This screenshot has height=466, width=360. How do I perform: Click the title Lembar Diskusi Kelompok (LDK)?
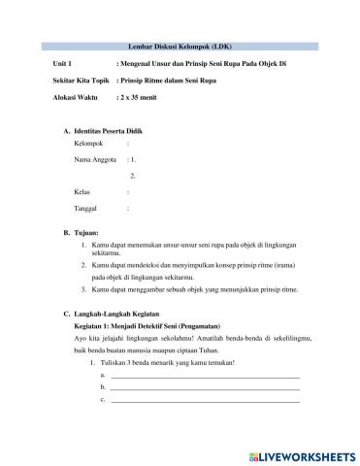[x=180, y=46]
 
